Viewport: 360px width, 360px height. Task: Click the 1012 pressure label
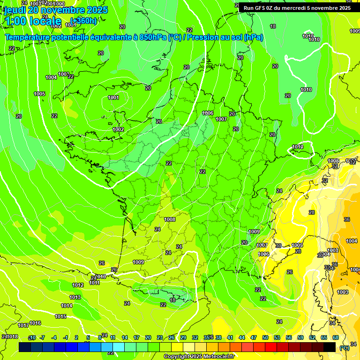[78, 285]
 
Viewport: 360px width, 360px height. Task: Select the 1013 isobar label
[75, 297]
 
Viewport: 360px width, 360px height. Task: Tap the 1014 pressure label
[67, 306]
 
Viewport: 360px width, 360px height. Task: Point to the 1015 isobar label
[60, 316]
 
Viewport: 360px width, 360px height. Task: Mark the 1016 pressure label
[35, 323]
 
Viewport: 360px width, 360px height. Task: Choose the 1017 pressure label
[23, 325]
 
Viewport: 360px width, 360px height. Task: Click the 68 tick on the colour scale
[336, 337]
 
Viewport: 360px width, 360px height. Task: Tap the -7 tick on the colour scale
[42, 337]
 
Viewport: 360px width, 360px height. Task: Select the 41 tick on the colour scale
[230, 337]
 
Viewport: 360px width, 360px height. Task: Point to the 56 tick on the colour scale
[288, 337]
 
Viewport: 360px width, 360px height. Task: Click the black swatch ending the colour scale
[330, 347]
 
